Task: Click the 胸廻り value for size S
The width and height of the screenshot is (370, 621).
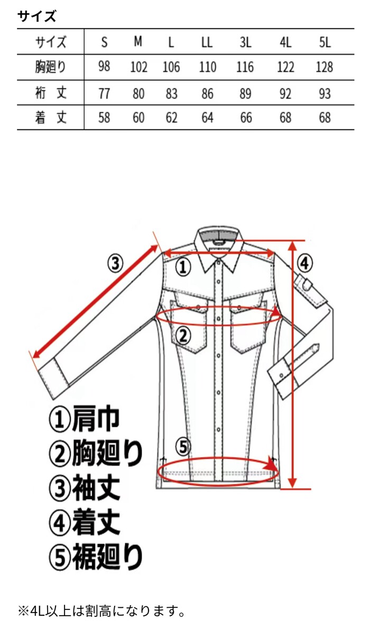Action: coord(104,67)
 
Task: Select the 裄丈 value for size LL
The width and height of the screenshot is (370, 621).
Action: coord(207,93)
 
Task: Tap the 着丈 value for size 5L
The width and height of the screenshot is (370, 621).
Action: coord(325,117)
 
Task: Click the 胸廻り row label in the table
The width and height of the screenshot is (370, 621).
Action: coord(51,67)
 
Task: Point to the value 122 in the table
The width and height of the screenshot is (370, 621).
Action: coord(285,67)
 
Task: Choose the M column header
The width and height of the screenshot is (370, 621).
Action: coord(138,42)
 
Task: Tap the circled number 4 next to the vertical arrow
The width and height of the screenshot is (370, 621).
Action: coord(305,261)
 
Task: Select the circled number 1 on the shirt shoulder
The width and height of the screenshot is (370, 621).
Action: coord(182,267)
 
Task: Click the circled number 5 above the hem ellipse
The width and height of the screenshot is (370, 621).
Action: coord(182,447)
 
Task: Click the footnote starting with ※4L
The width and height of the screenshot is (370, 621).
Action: coord(101,611)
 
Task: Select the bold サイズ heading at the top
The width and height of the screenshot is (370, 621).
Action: coord(36,16)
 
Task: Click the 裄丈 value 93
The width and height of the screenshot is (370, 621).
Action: coord(325,93)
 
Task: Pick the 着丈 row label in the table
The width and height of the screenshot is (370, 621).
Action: coord(51,117)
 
